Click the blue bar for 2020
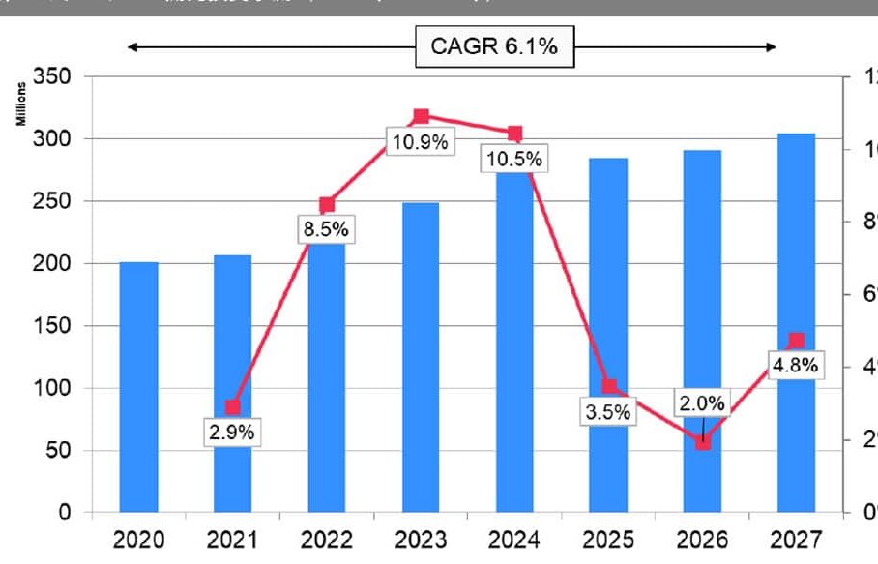tap(139, 387)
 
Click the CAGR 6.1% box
tap(494, 47)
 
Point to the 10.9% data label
tap(420, 142)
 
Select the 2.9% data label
tap(232, 431)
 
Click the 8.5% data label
tap(327, 229)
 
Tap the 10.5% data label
tap(514, 159)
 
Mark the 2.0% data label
tap(702, 403)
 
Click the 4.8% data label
tap(796, 366)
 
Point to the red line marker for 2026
tap(703, 442)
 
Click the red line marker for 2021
tap(232, 407)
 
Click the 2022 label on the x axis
tap(327, 539)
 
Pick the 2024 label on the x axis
tap(514, 539)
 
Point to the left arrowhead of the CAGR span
tap(133, 46)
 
